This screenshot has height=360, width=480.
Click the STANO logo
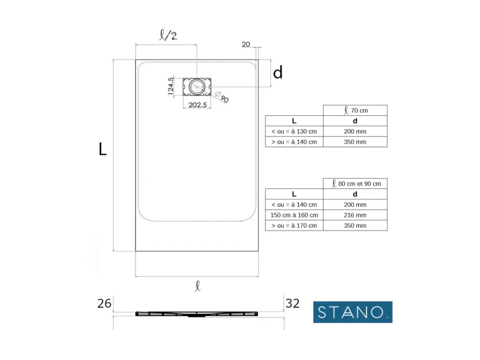click(x=353, y=312)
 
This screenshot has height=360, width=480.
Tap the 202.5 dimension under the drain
click(x=197, y=105)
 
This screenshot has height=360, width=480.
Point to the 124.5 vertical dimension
click(x=171, y=86)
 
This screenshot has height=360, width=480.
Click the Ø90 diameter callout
click(x=222, y=97)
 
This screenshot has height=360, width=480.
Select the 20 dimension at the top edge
click(x=246, y=44)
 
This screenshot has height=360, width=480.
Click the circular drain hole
click(x=196, y=86)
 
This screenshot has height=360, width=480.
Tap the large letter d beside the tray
click(x=277, y=73)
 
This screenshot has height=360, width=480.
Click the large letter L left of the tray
click(x=103, y=149)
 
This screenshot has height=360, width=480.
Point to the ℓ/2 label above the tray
click(x=168, y=35)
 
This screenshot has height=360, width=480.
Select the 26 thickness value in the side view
click(x=104, y=303)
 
